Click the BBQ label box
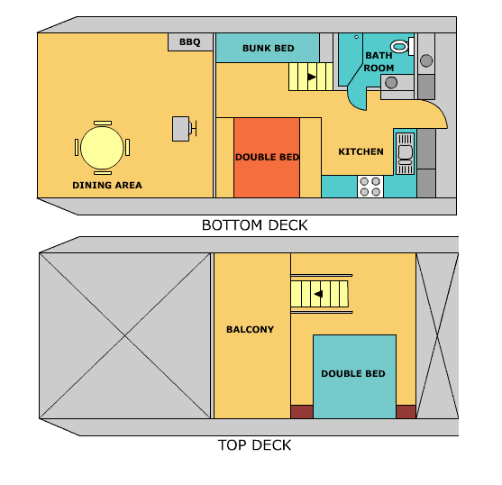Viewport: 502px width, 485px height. click(x=190, y=42)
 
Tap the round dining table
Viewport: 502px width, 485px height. click(x=102, y=147)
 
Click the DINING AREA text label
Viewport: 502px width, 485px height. click(x=107, y=186)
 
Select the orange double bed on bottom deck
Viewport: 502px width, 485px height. click(x=267, y=157)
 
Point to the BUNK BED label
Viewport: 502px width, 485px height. click(x=269, y=48)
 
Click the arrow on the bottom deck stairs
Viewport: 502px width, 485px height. click(x=312, y=78)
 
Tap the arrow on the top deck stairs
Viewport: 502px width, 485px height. click(x=318, y=293)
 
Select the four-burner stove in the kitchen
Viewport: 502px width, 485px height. click(x=370, y=186)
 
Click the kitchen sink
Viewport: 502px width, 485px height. click(x=406, y=152)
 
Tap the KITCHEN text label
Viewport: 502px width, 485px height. click(x=361, y=151)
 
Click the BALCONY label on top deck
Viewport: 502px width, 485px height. click(x=250, y=329)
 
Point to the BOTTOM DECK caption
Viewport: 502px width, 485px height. click(x=254, y=225)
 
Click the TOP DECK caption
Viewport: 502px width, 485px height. click(x=254, y=444)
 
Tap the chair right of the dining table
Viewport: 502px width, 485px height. click(x=128, y=147)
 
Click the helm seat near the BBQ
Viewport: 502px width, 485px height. click(x=183, y=129)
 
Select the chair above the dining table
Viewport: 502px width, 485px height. click(x=102, y=123)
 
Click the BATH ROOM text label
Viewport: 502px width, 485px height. click(x=379, y=60)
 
